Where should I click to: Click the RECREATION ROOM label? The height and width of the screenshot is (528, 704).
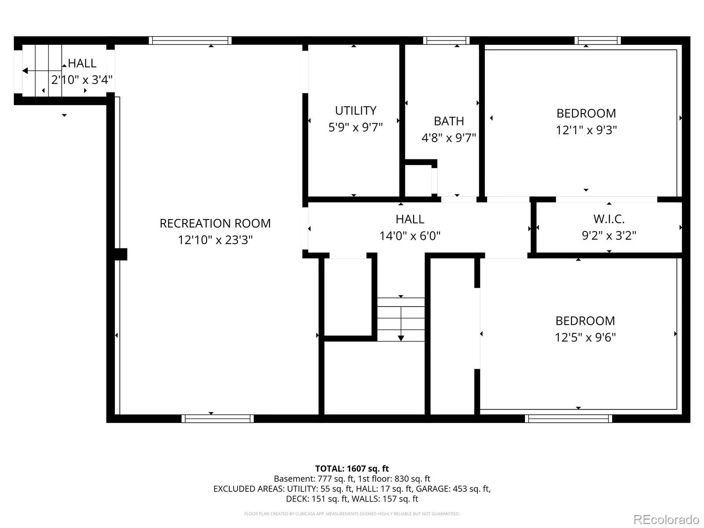point(215,224)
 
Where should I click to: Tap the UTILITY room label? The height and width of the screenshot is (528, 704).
point(356,110)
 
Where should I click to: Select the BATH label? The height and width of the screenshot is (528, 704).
point(449,121)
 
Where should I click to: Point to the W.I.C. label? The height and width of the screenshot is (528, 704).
point(609,219)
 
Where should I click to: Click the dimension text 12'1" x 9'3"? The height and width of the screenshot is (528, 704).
point(586,130)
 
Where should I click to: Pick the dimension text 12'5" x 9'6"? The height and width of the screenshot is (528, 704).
point(585,337)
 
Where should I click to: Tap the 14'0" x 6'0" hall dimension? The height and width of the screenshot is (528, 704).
point(410,236)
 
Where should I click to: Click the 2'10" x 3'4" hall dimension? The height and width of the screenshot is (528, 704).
point(82,80)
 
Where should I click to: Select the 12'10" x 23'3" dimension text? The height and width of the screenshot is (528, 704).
point(215,240)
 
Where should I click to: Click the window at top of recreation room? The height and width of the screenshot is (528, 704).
point(190,40)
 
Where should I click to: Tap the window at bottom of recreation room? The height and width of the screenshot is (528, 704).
point(217,419)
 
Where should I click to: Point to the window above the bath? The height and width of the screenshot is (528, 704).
point(446,40)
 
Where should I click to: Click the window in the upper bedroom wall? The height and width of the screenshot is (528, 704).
point(598,40)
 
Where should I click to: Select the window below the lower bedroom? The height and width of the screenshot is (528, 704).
point(568,419)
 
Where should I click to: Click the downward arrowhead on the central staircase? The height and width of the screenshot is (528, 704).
point(401,338)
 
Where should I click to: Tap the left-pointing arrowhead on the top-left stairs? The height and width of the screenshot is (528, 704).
point(25,71)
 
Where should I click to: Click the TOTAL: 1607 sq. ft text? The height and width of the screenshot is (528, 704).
point(352,469)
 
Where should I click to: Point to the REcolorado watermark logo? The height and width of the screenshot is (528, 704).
point(666,519)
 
